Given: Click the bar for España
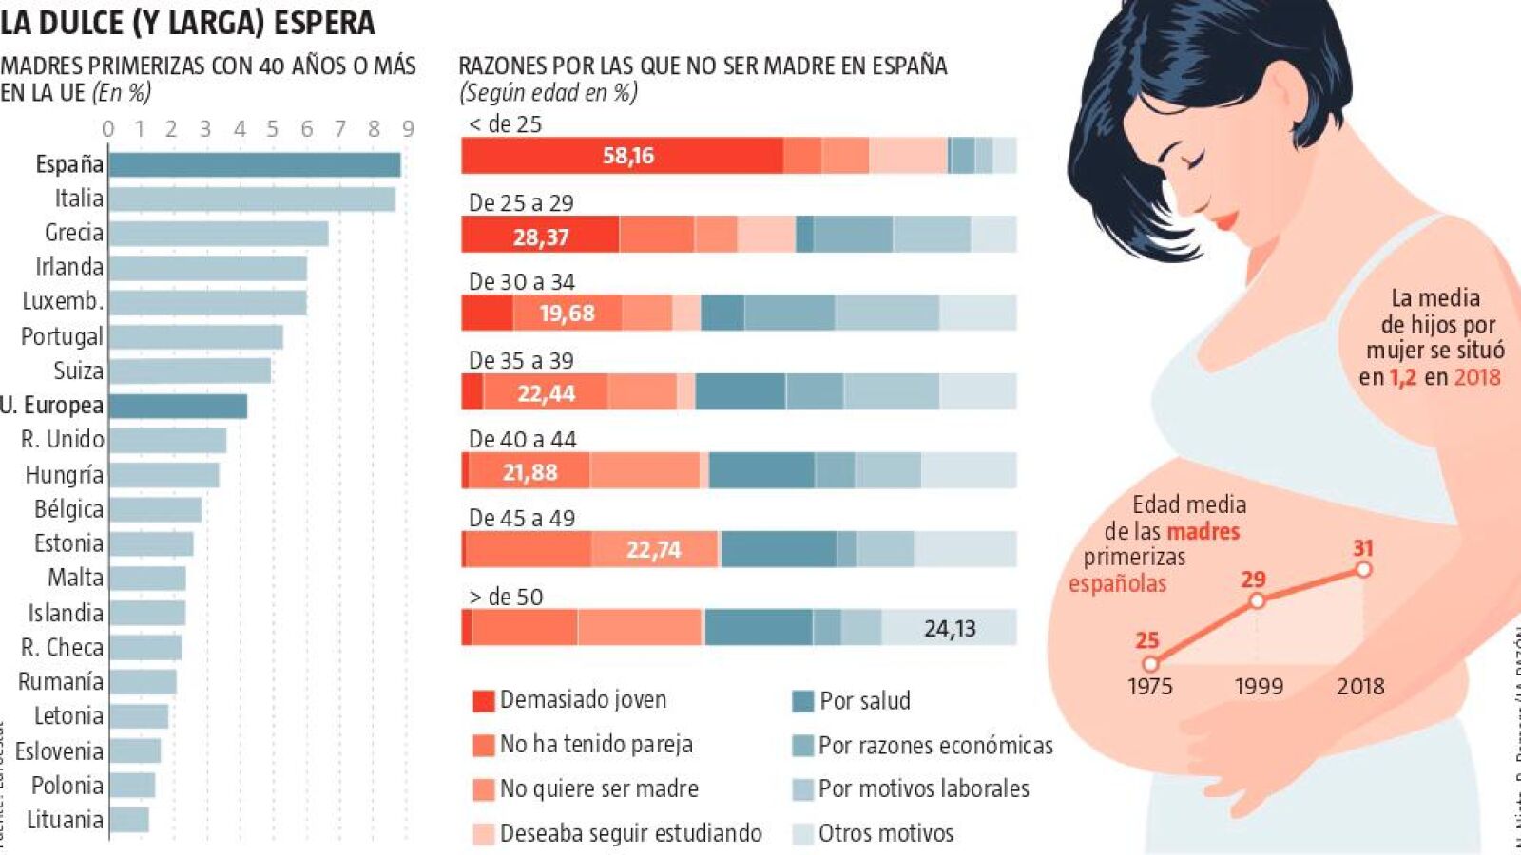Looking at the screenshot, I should pos(255,164).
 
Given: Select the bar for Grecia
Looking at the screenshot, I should pos(219,233).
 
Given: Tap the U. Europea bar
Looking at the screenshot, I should pos(178,406).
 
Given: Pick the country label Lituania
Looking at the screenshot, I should pos(65,820).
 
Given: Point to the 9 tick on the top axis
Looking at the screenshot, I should pos(408,129).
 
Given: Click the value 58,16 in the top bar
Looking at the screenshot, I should pos(628,156).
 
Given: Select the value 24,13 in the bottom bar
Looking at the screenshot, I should pos(950,628).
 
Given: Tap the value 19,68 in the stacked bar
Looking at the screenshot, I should pos(567,313).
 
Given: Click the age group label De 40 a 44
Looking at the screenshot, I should pos(522,440).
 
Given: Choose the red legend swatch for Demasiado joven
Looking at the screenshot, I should pos(483,701).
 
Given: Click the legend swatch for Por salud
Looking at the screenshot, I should pos(802,701).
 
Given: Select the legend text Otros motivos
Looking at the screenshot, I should pos(885,833).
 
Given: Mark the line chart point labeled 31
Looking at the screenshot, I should pos(1363,569).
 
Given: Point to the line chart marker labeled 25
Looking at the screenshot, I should pos(1150,663).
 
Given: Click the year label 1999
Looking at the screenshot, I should pos(1259,686).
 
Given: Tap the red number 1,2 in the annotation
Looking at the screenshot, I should pos(1402,377).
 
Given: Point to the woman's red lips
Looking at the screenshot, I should pos(1226,221).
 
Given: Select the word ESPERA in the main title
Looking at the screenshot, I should pos(324,23).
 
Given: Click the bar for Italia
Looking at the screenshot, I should pos(252,199).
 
